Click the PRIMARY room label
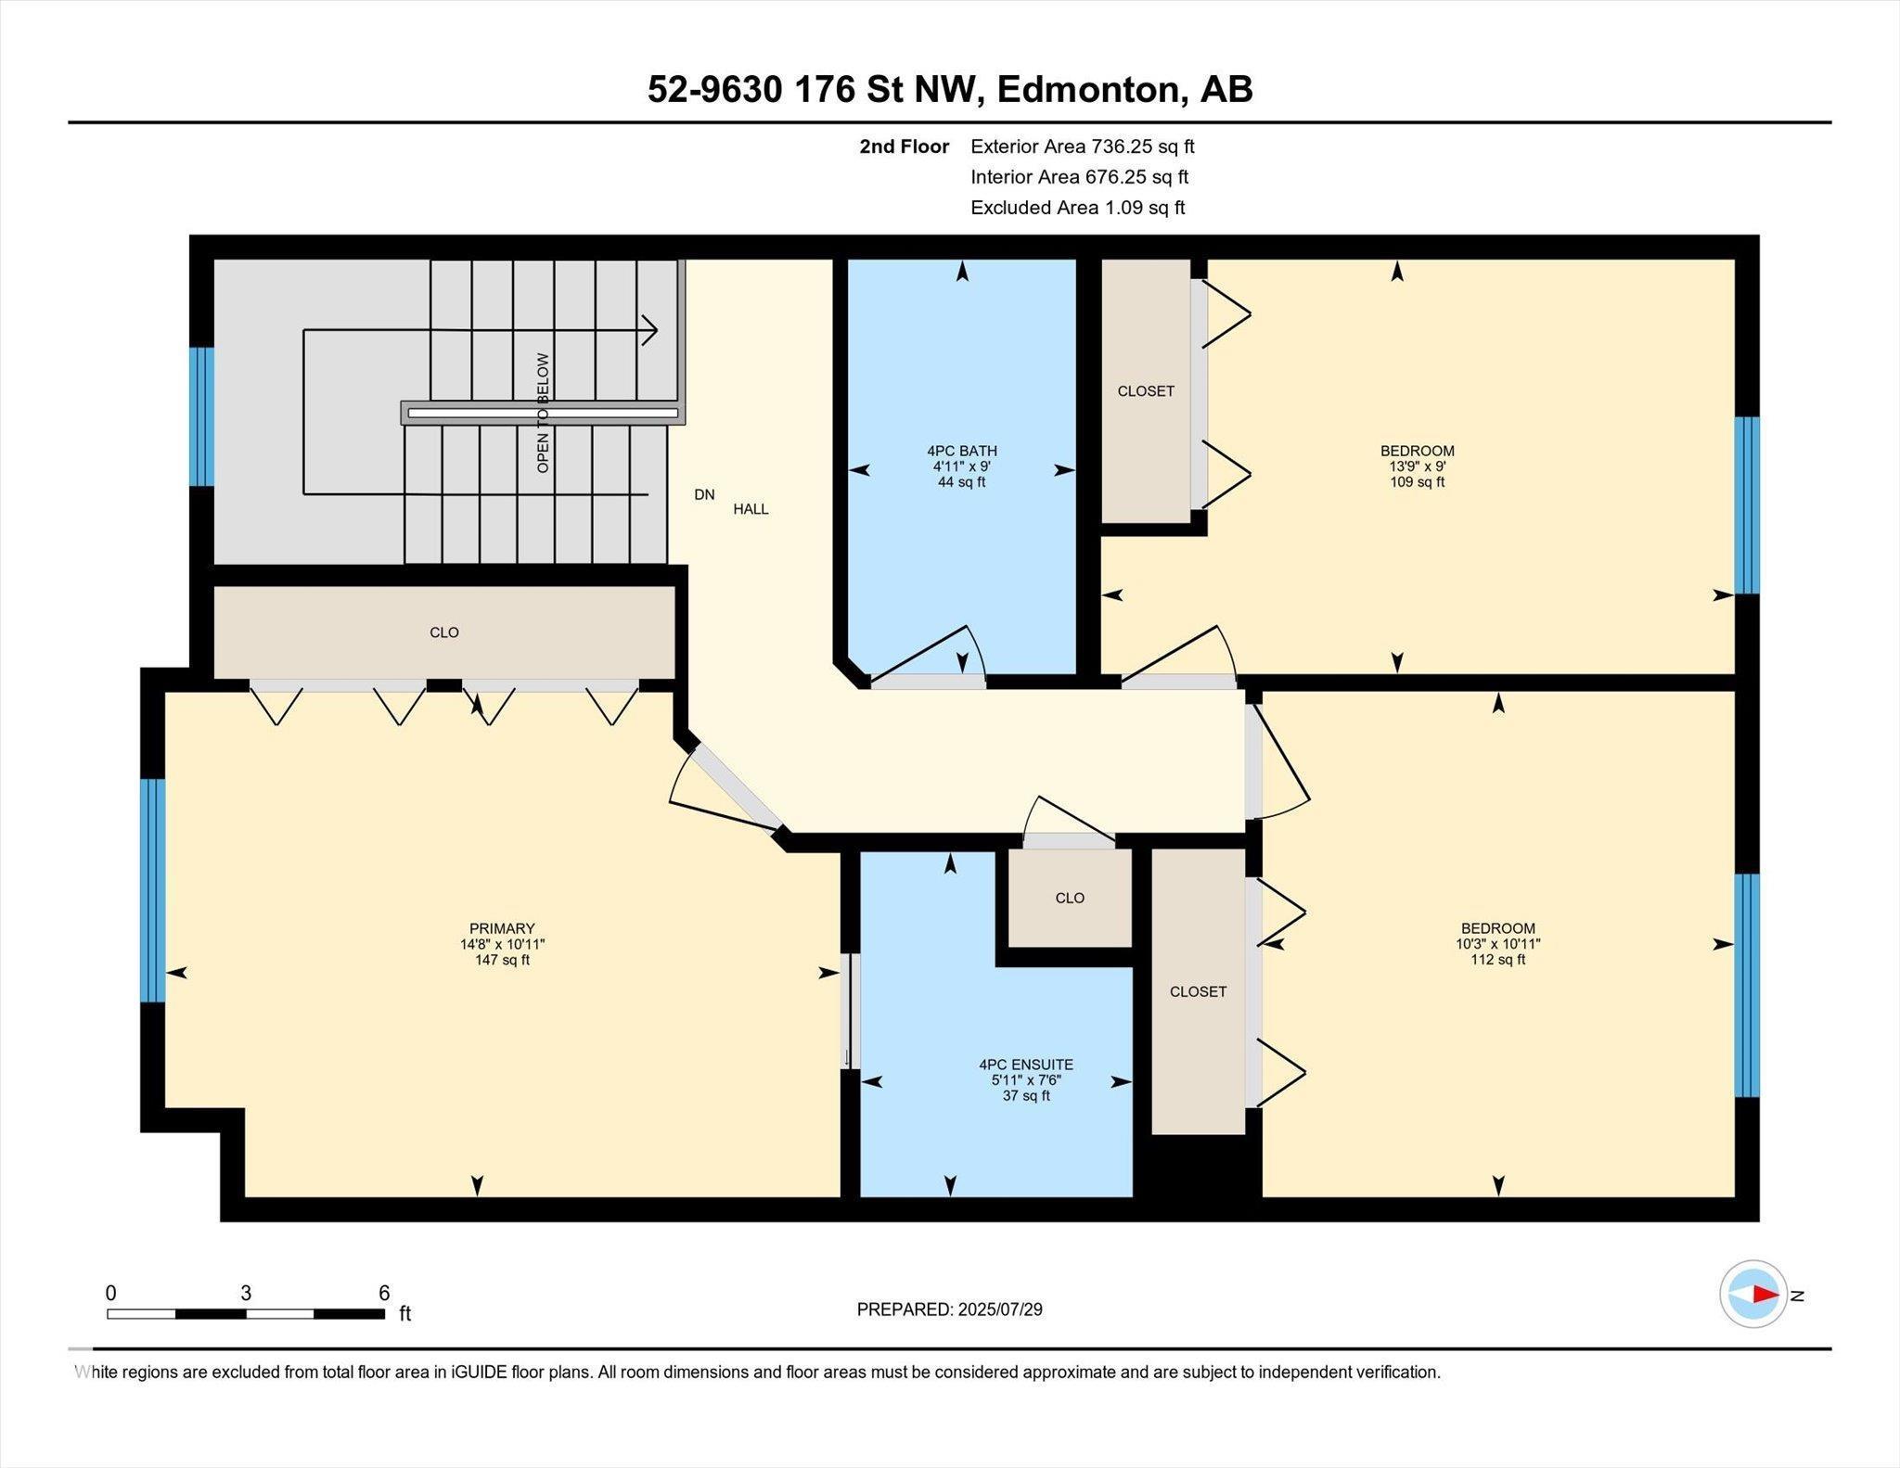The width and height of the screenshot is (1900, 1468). coord(502,928)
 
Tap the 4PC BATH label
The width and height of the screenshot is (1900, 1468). coord(961,451)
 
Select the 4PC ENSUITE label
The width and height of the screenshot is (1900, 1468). coord(1026,1065)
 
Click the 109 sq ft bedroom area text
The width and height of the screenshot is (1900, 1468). coord(1417,482)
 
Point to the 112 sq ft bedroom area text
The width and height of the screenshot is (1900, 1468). coord(1497,960)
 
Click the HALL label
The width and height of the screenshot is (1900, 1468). coord(751,509)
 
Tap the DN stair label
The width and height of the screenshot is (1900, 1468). coord(704,494)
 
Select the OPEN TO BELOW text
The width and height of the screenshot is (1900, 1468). coord(543,413)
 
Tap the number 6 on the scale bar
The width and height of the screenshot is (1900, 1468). coord(384,1293)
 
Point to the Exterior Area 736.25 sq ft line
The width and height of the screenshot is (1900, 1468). coord(1083,147)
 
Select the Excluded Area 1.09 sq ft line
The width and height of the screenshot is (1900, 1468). coord(1078,208)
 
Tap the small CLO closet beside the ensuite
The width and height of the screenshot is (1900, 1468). coord(1070,898)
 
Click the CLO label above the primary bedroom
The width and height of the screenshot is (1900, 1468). coord(444,632)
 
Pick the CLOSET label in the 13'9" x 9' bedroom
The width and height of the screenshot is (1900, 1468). coord(1146,391)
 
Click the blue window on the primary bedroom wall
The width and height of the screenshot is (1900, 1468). coord(153,890)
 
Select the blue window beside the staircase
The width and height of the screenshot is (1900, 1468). coord(201,416)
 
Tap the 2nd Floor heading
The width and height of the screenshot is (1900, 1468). coord(904,147)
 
